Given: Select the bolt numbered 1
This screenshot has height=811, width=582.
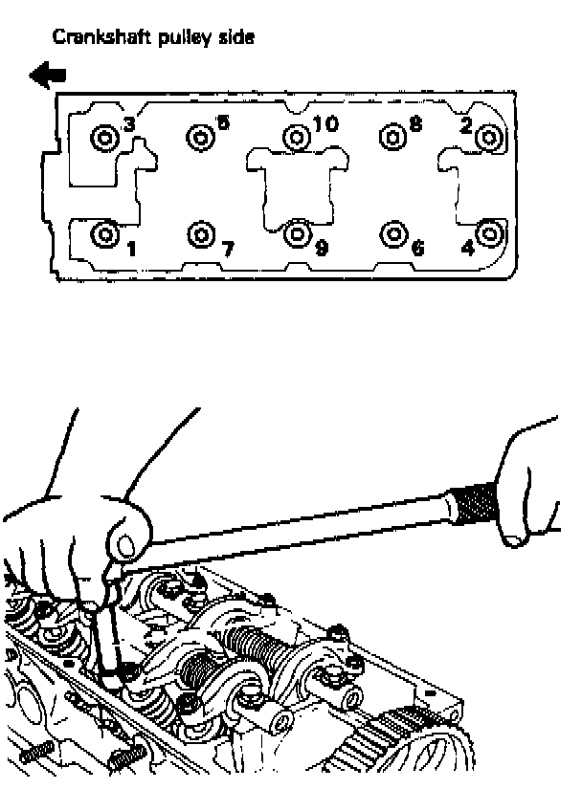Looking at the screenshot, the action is click(105, 234).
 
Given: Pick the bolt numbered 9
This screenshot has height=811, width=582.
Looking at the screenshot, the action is click(297, 234).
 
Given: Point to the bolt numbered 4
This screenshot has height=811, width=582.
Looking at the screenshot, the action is click(489, 233).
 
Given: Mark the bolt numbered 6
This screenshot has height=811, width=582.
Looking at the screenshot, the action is click(393, 234).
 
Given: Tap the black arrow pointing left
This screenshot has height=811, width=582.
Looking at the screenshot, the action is click(48, 76).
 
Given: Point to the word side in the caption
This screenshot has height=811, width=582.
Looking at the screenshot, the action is click(236, 37).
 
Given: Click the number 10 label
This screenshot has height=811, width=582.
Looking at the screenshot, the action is click(325, 123).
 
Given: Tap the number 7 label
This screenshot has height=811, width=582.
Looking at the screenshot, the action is click(228, 250).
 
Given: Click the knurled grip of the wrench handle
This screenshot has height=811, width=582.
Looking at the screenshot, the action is click(473, 503).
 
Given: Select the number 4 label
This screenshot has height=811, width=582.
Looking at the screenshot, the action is click(468, 249).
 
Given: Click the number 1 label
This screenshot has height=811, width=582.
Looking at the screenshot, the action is click(131, 250).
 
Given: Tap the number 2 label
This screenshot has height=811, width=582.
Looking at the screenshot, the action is click(466, 125).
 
